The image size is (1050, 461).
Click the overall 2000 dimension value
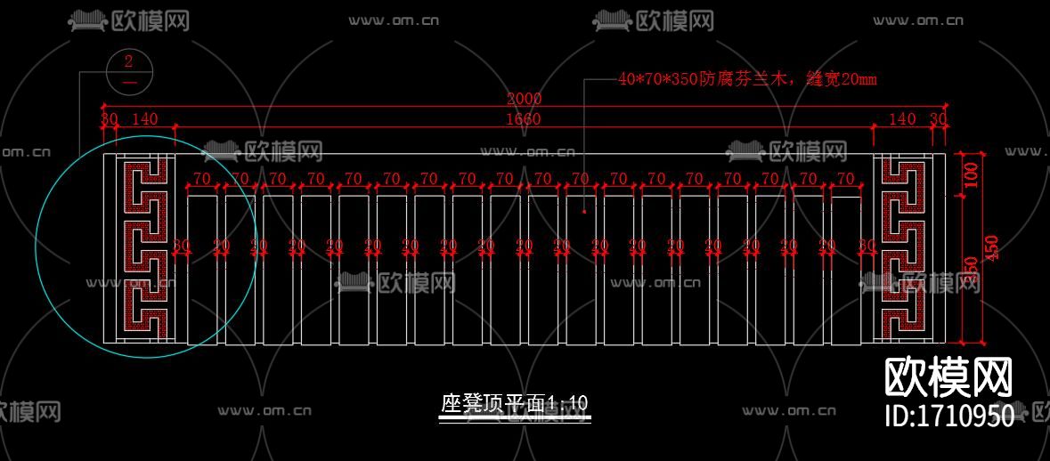point(524,99)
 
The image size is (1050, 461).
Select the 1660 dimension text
point(524,119)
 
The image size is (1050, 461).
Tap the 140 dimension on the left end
point(144,119)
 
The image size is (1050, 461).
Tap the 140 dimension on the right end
point(902,119)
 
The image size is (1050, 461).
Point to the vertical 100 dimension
point(971,174)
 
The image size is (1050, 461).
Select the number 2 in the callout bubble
point(129,61)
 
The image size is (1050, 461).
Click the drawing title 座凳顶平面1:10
point(515,403)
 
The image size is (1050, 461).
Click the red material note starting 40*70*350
point(747,79)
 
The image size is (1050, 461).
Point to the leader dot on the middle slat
point(584,212)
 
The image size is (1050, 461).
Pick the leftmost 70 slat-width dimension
point(203,179)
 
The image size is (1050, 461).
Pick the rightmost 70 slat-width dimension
point(844,179)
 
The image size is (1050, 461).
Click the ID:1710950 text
point(948,417)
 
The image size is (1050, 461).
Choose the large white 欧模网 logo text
point(948,378)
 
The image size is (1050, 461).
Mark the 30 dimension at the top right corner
point(939,119)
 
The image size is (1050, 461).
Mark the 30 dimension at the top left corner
point(109,119)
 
